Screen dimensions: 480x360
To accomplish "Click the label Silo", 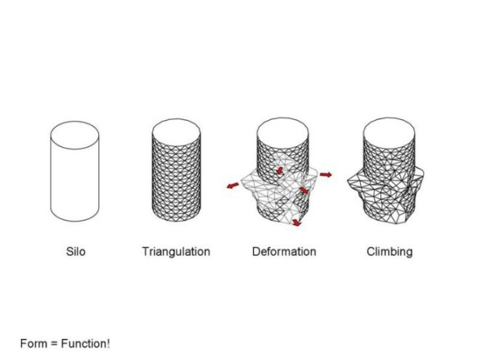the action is tap(76, 252).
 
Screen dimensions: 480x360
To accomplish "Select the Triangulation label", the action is tap(176, 252).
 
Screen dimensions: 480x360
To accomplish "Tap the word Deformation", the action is tap(284, 252).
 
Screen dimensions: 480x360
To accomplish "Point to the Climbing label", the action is tap(390, 252).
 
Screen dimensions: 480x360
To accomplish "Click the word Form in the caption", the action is tap(33, 343).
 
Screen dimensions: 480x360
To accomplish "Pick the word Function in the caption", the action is tap(83, 343).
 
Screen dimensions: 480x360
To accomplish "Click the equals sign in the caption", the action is tap(55, 344).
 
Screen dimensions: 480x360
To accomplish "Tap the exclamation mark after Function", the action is tap(108, 343).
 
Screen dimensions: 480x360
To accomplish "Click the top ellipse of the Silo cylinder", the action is tap(75, 122).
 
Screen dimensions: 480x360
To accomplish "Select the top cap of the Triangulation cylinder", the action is tap(176, 132).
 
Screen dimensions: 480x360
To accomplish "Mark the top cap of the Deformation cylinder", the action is tap(283, 132).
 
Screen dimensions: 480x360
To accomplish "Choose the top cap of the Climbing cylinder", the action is tap(389, 132).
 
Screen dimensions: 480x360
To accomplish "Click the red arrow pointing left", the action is tap(233, 185).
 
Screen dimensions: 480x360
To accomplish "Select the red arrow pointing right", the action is tap(326, 175).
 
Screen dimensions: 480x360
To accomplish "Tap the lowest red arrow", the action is tap(296, 223).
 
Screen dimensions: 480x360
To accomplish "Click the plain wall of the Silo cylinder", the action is tap(75, 184).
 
